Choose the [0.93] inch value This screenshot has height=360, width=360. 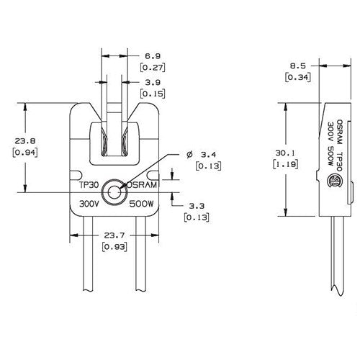coord(112,247)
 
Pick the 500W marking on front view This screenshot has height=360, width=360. coord(141,204)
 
